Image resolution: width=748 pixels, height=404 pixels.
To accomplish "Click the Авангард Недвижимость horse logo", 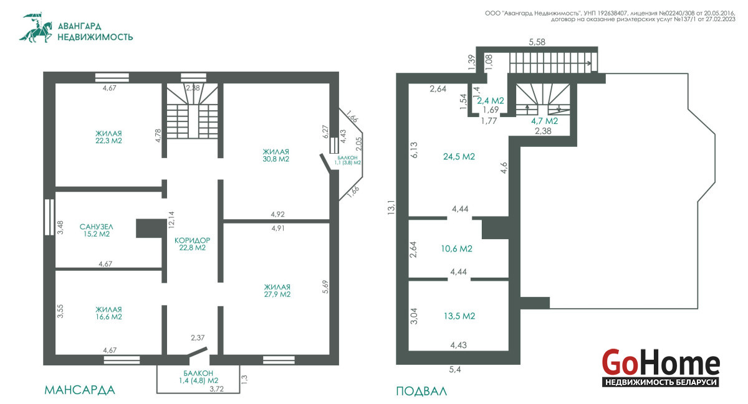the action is tap(36, 27).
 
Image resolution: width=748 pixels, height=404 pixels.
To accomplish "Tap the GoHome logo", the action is tap(661, 368).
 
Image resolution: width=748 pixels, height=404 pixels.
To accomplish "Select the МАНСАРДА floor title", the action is tap(80, 390).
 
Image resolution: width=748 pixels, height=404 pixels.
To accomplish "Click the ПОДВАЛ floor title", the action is tap(421, 392).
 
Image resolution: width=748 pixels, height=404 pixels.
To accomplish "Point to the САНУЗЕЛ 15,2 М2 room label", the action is tap(97, 230).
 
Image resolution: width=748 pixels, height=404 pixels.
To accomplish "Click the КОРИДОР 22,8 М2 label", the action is tap(193, 244).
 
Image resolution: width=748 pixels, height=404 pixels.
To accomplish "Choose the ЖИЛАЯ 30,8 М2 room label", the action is tap(276, 156).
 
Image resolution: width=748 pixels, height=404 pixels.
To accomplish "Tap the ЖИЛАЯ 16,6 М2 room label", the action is tap(108, 313).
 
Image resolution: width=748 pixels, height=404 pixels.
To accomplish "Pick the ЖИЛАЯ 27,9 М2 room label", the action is tap(277, 291).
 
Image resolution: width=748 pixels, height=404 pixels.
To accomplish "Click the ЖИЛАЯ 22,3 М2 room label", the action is tap(108, 137).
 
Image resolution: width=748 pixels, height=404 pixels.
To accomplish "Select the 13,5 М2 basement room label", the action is tap(459, 316).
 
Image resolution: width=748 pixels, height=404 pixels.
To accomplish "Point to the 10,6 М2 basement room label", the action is tap(456, 248).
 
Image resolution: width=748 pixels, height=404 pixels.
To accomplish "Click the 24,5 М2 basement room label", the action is tap(459, 156).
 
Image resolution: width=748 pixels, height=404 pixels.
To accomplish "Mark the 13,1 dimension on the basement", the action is tap(391, 207).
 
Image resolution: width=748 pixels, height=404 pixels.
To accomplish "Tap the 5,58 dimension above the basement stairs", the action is tap(537, 42).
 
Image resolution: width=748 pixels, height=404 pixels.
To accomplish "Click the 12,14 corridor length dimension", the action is tap(171, 220).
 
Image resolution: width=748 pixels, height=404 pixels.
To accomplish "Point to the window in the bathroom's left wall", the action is tap(49, 217).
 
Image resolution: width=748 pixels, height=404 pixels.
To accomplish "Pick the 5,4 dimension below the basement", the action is tap(455, 370).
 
